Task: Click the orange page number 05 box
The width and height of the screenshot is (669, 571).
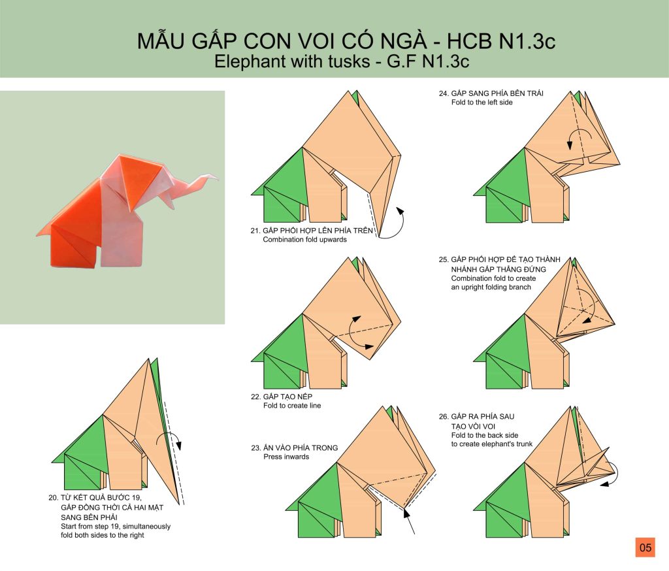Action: click(x=645, y=547)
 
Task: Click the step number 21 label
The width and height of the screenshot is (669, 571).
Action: click(x=255, y=231)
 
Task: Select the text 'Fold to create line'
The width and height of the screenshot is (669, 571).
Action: click(x=292, y=406)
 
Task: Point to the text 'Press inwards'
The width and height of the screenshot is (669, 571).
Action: click(x=286, y=457)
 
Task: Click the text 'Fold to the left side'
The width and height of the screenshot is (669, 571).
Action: click(x=481, y=103)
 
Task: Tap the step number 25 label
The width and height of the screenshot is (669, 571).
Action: click(x=444, y=259)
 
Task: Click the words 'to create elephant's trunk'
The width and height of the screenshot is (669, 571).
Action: click(x=491, y=444)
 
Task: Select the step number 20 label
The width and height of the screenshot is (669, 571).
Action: click(x=53, y=498)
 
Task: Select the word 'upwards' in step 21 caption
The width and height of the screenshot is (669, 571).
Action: click(x=333, y=239)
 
